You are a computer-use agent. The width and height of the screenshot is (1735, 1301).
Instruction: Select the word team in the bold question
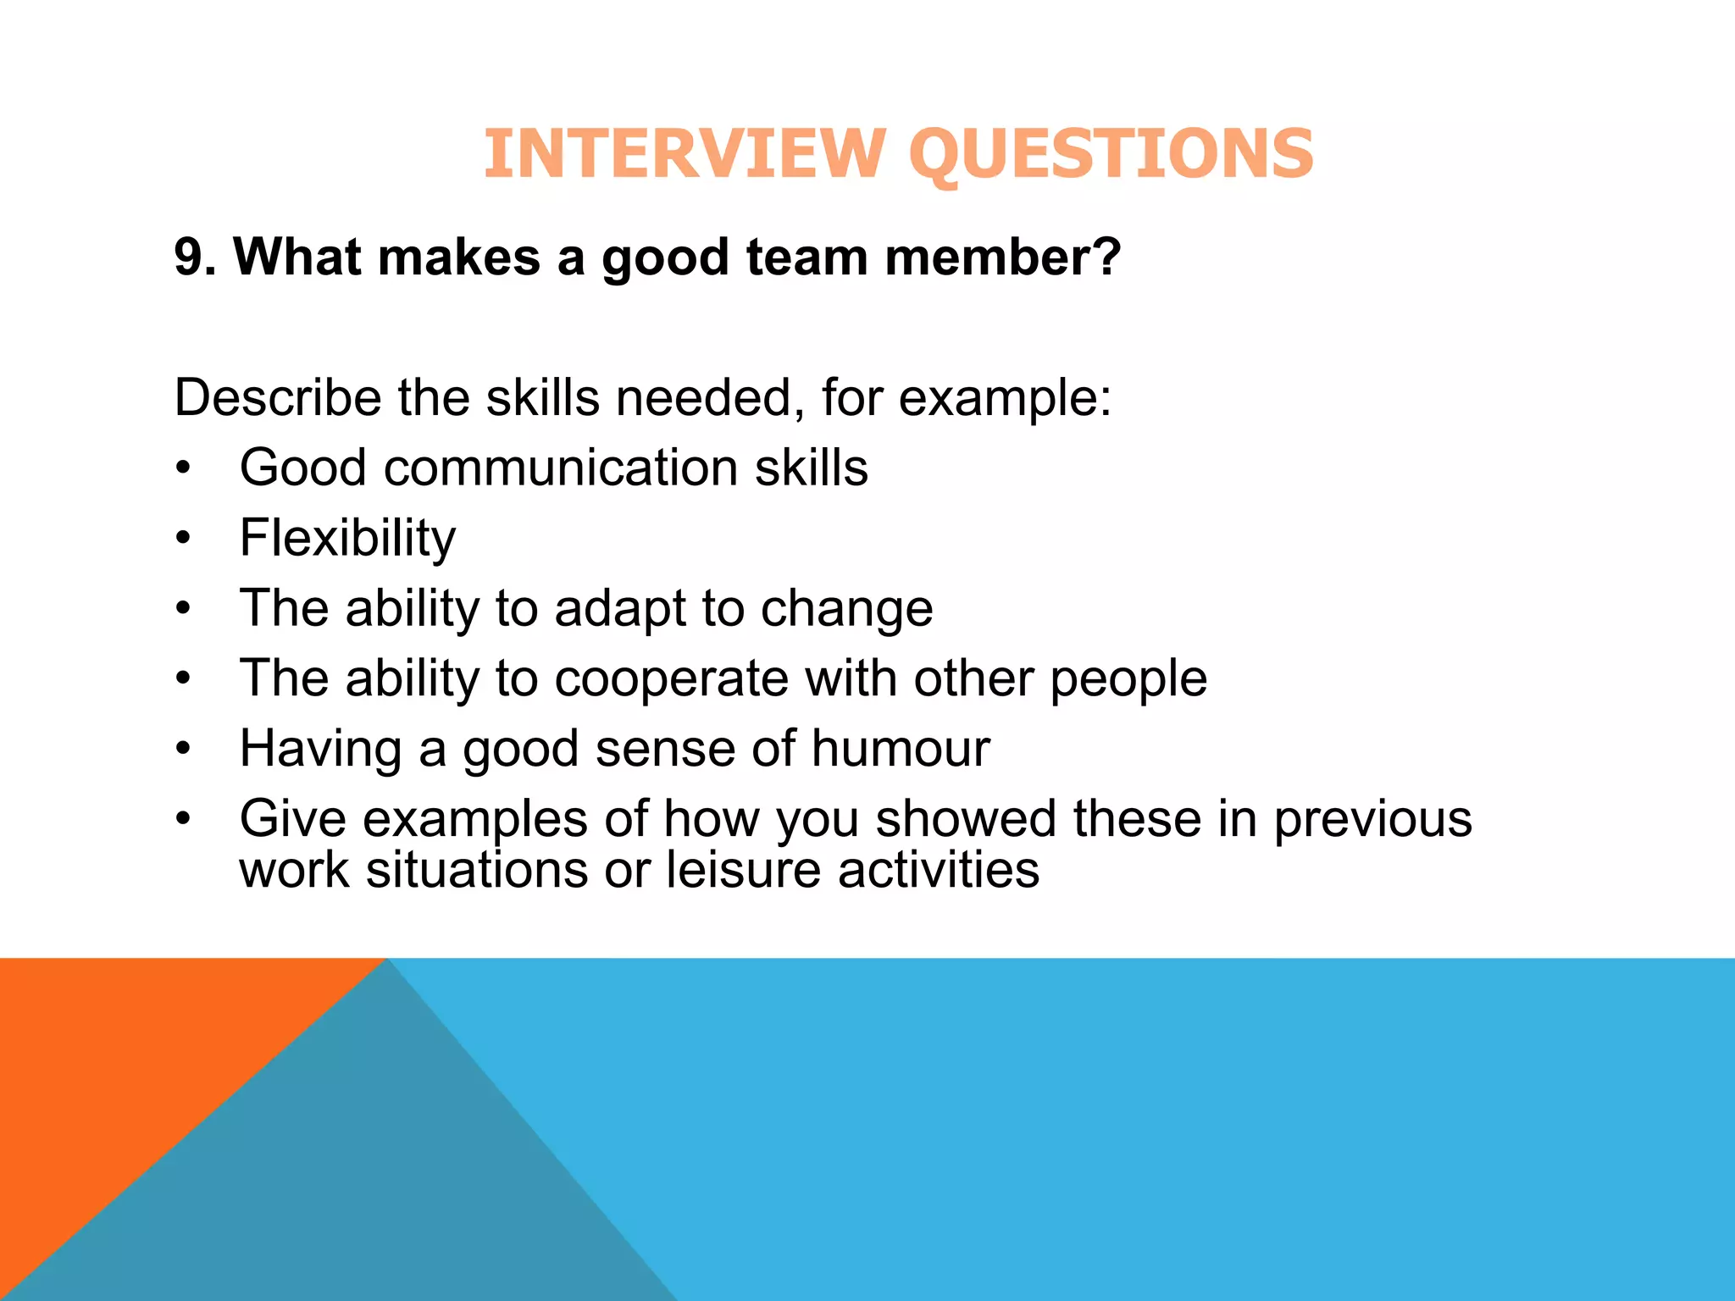pyautogui.click(x=807, y=257)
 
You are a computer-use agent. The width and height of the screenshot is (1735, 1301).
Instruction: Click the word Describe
pyautogui.click(x=278, y=397)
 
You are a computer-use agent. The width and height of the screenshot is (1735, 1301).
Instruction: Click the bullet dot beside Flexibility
pyautogui.click(x=184, y=538)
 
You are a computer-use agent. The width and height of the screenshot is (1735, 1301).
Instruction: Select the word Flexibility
pyautogui.click(x=347, y=538)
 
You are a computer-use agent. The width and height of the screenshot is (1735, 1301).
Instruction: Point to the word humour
pyautogui.click(x=901, y=749)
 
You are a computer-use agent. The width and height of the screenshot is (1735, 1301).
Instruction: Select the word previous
pyautogui.click(x=1372, y=820)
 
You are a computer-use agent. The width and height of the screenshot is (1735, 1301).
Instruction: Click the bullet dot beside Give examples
pyautogui.click(x=184, y=819)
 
